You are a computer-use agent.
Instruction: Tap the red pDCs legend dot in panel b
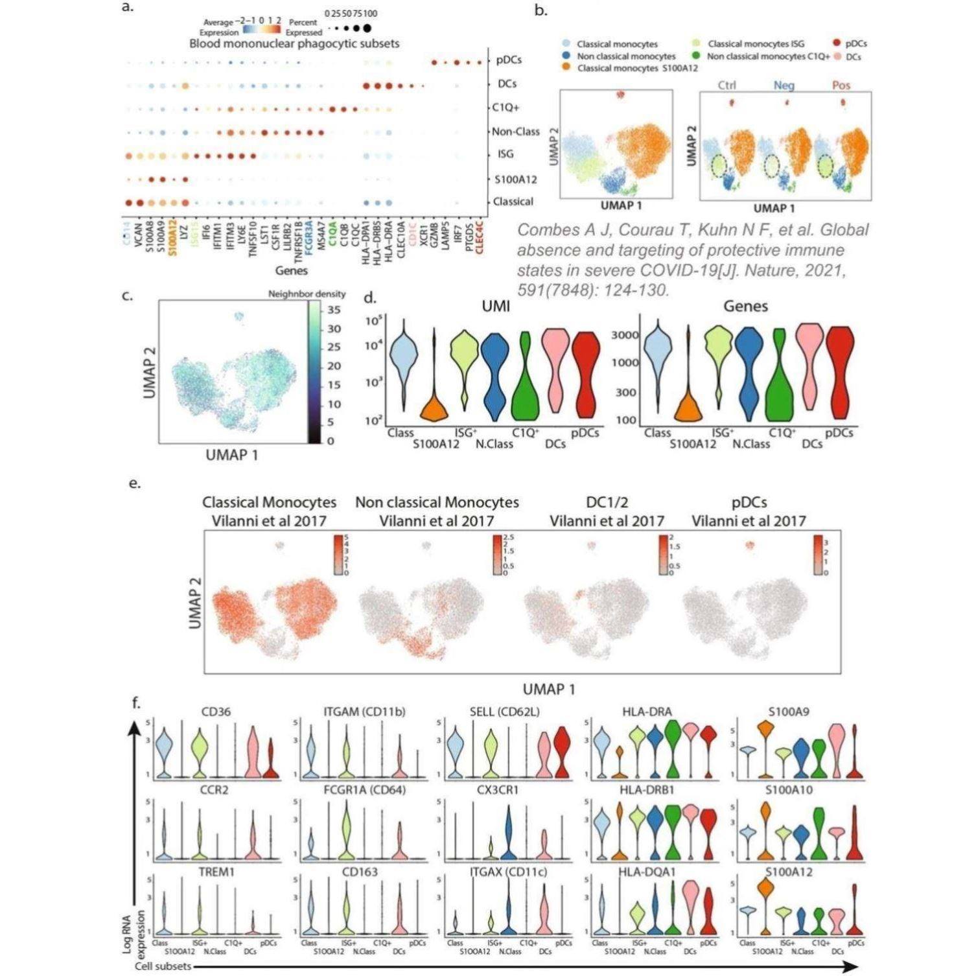tap(835, 43)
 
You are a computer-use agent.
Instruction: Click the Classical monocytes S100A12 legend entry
tap(637, 68)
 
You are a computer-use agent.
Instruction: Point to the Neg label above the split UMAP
tap(784, 86)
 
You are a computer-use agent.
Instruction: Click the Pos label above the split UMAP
tap(841, 86)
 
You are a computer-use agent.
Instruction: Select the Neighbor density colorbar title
tap(307, 294)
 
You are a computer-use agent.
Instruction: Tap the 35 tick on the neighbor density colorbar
tap(334, 310)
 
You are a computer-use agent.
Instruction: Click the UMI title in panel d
tap(496, 306)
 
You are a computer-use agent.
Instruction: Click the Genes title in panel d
tap(745, 306)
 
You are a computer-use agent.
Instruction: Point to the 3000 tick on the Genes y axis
tap(625, 335)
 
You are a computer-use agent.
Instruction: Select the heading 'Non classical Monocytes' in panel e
tap(437, 502)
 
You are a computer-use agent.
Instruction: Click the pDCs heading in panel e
tap(749, 502)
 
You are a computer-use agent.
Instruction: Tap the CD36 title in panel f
tap(216, 712)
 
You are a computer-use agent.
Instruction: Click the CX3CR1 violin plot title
tap(498, 791)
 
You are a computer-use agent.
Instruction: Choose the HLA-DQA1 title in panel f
tap(647, 872)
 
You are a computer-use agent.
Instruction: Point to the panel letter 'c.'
tap(128, 296)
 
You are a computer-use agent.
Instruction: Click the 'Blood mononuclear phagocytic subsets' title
tap(294, 43)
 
